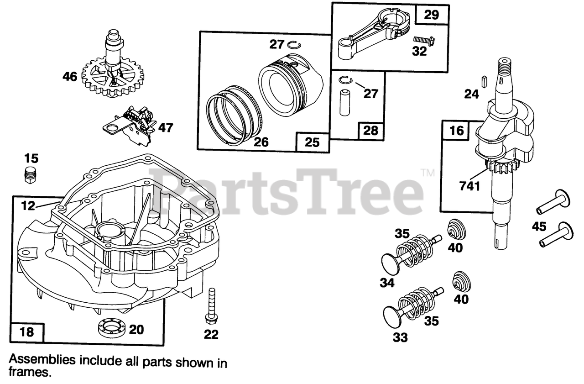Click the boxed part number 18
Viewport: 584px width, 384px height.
(x=27, y=331)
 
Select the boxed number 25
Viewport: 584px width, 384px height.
(x=313, y=142)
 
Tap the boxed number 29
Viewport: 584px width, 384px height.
(x=431, y=15)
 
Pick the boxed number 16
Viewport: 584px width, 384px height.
(x=456, y=131)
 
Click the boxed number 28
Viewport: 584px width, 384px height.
(x=370, y=131)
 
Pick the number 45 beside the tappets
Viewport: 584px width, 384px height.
(x=539, y=226)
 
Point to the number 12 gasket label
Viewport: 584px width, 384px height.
(x=28, y=206)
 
